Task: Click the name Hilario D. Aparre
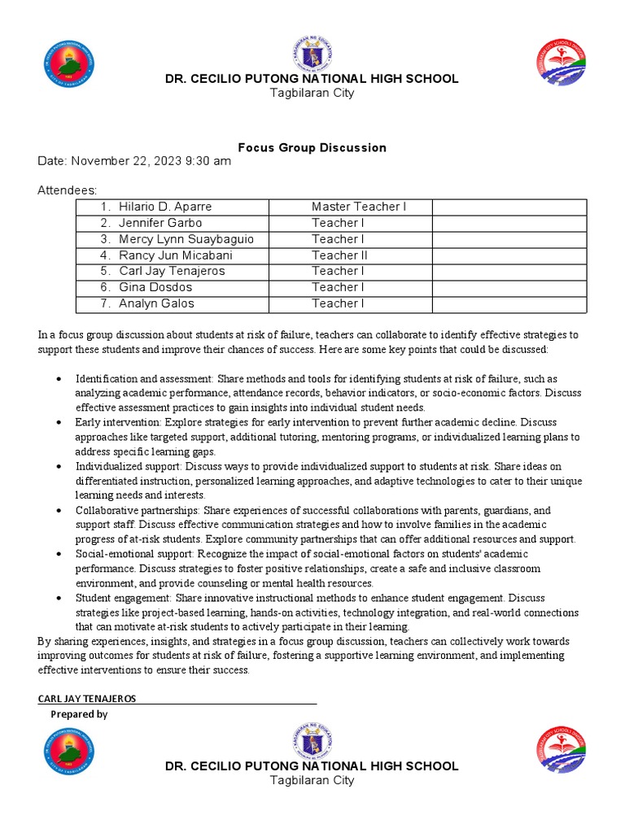[x=165, y=207]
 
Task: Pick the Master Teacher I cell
[x=359, y=207]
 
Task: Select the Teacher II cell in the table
[x=340, y=255]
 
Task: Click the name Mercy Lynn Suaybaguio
[x=186, y=239]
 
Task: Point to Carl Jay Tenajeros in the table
[x=172, y=271]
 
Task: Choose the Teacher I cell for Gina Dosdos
[x=338, y=287]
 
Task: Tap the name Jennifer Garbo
[x=160, y=223]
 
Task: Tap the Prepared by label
[x=79, y=714]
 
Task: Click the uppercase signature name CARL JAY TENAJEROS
[x=87, y=699]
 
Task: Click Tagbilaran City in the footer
[x=312, y=780]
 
